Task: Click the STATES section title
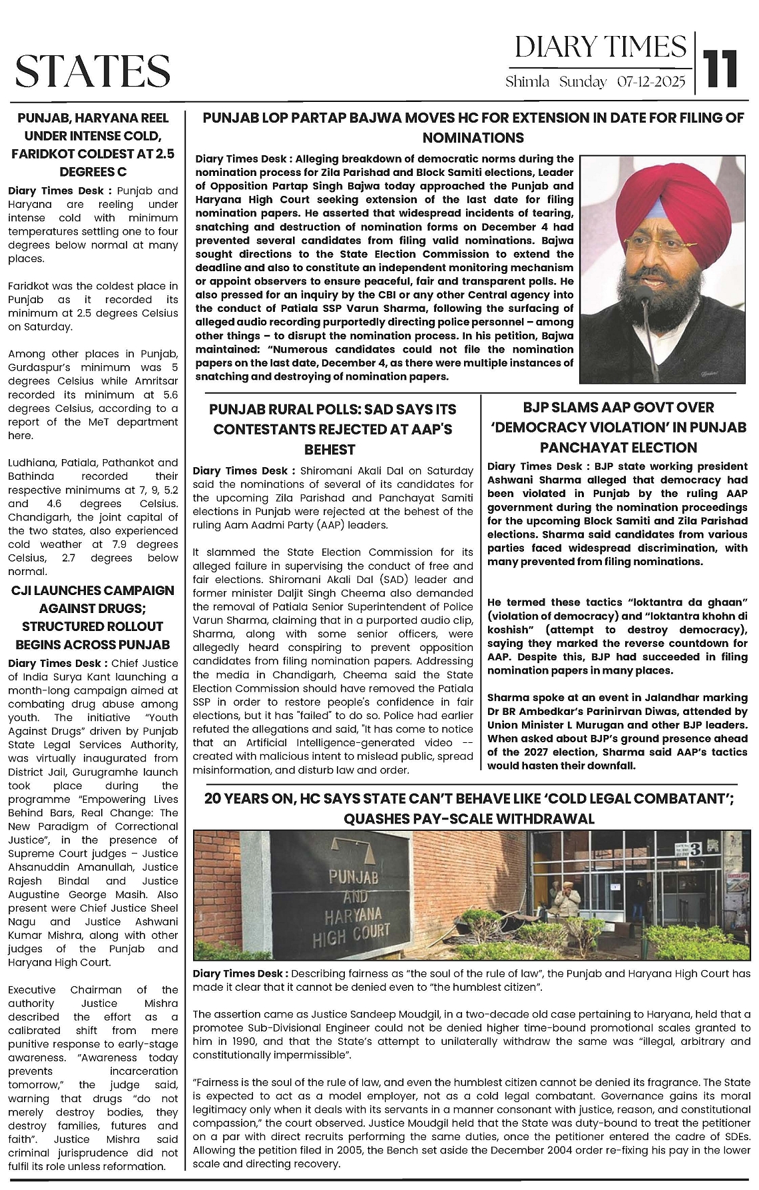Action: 93,71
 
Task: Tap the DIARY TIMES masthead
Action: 600,47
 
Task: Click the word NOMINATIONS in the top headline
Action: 473,138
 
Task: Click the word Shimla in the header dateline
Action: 527,83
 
